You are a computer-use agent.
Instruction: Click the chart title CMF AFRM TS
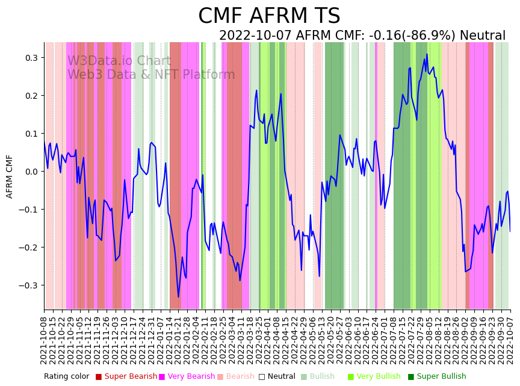(269, 16)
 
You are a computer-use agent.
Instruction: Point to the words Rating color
(66, 377)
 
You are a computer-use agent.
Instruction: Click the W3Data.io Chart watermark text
(119, 61)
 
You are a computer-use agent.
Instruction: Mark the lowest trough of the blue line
(178, 297)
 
